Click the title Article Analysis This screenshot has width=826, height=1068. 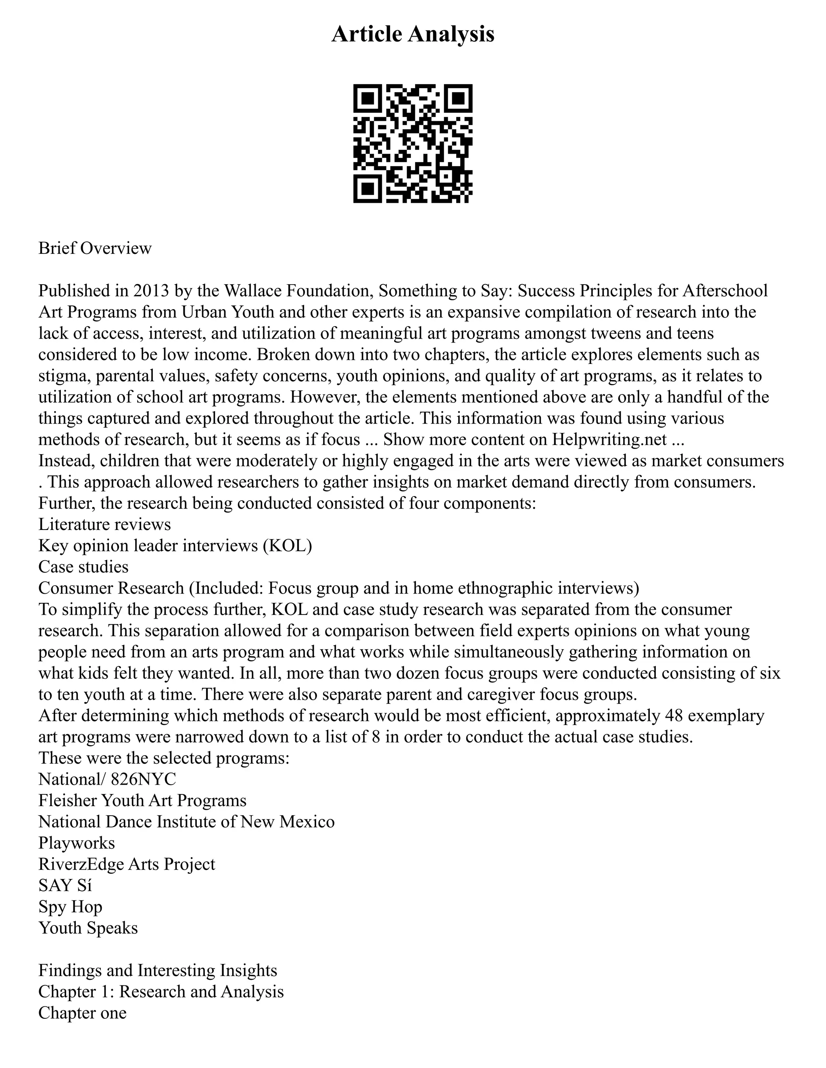tap(413, 35)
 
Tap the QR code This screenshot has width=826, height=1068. tap(413, 143)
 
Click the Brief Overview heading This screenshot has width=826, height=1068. tap(95, 248)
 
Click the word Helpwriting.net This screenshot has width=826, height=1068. tap(609, 439)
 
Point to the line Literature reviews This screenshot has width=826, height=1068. tap(105, 524)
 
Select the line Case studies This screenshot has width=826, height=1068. tap(83, 567)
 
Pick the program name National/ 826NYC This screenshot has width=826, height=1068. tap(107, 779)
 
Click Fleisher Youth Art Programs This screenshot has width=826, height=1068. tap(142, 800)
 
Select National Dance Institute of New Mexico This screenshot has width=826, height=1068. tap(186, 821)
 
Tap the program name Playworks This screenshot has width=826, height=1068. tap(77, 843)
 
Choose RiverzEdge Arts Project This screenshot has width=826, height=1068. tap(127, 864)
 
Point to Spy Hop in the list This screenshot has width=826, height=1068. tap(71, 907)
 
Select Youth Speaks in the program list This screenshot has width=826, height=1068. tap(88, 928)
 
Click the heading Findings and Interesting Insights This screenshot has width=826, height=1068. tap(158, 970)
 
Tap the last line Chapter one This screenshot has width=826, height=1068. tap(82, 1013)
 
